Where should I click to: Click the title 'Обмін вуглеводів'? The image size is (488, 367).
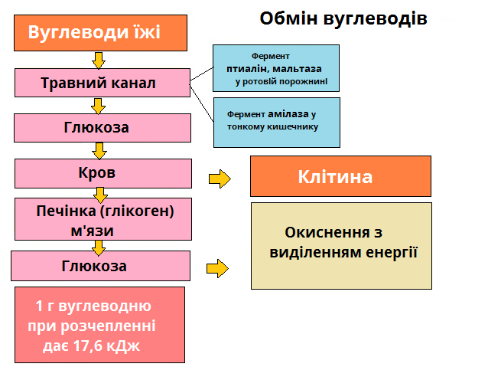(x=343, y=18)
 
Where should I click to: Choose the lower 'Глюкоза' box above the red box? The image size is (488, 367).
(x=100, y=266)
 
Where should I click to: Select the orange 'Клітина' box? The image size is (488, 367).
(x=335, y=177)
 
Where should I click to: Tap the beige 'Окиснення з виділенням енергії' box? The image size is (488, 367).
(x=341, y=245)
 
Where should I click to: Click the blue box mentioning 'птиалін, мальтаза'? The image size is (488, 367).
(x=276, y=68)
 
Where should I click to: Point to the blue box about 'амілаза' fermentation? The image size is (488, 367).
(x=276, y=120)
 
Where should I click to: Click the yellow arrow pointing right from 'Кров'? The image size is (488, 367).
(x=220, y=179)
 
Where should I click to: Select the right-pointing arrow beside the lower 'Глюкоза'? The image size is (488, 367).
(x=218, y=268)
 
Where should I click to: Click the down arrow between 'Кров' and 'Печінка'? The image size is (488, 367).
(x=99, y=195)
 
